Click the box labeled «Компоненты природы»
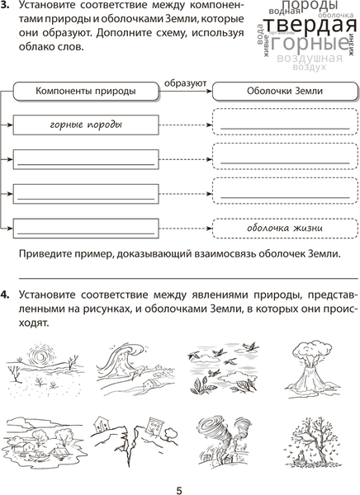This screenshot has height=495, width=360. (x=85, y=92)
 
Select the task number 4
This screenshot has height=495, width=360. (x=5, y=295)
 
